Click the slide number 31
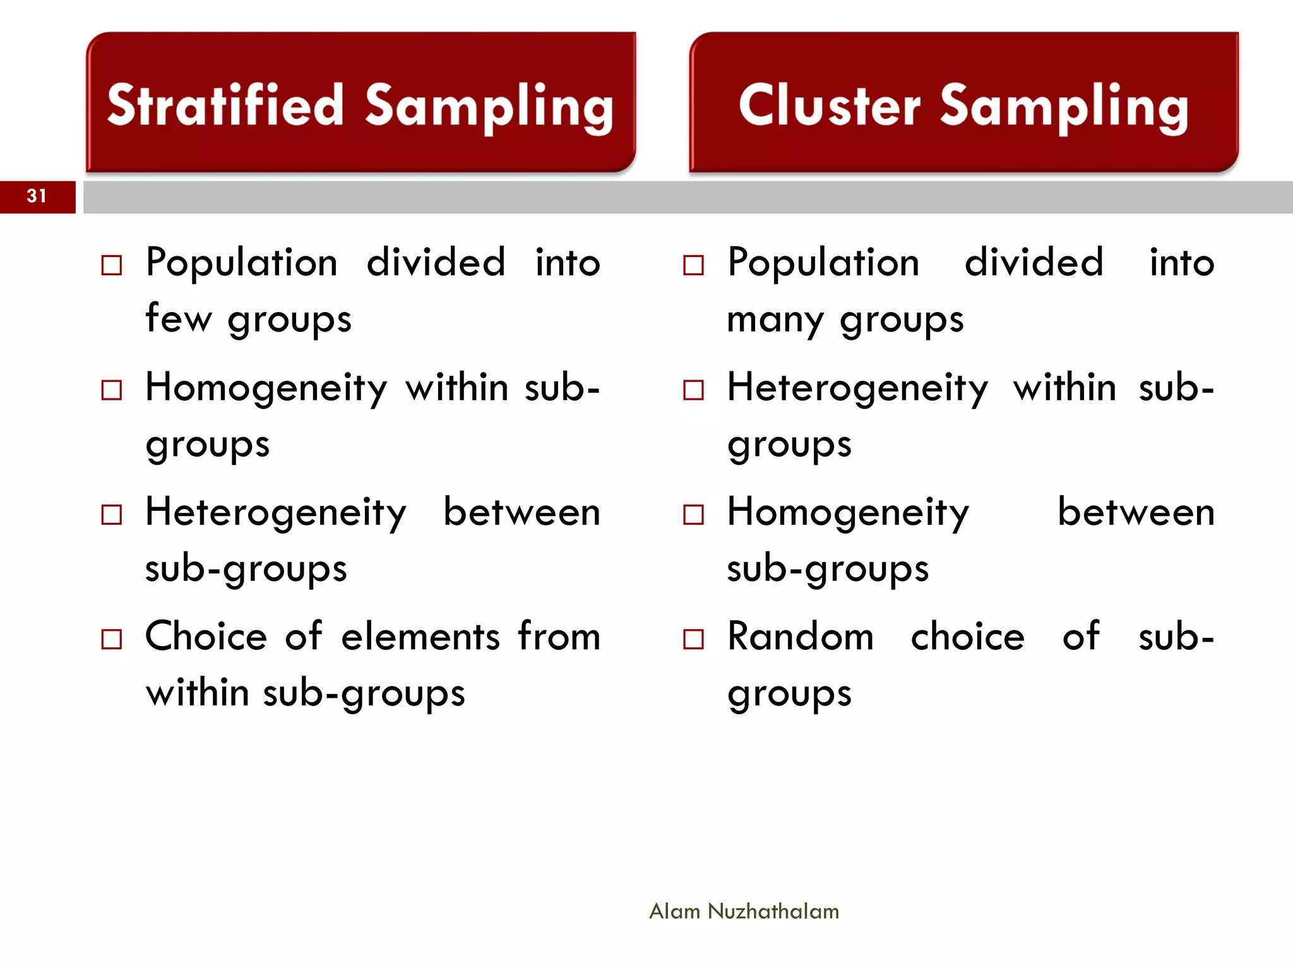37,196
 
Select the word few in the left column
179,318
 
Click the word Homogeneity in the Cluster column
848,513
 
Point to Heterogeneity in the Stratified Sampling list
276,513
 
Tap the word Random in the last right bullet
801,637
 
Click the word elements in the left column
420,637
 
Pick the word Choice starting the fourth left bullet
206,637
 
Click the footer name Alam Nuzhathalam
744,911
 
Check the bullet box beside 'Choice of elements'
112,639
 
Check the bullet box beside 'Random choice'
693,639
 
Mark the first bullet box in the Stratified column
112,265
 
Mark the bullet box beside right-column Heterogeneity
693,390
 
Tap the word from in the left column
559,637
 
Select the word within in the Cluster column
1064,388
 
